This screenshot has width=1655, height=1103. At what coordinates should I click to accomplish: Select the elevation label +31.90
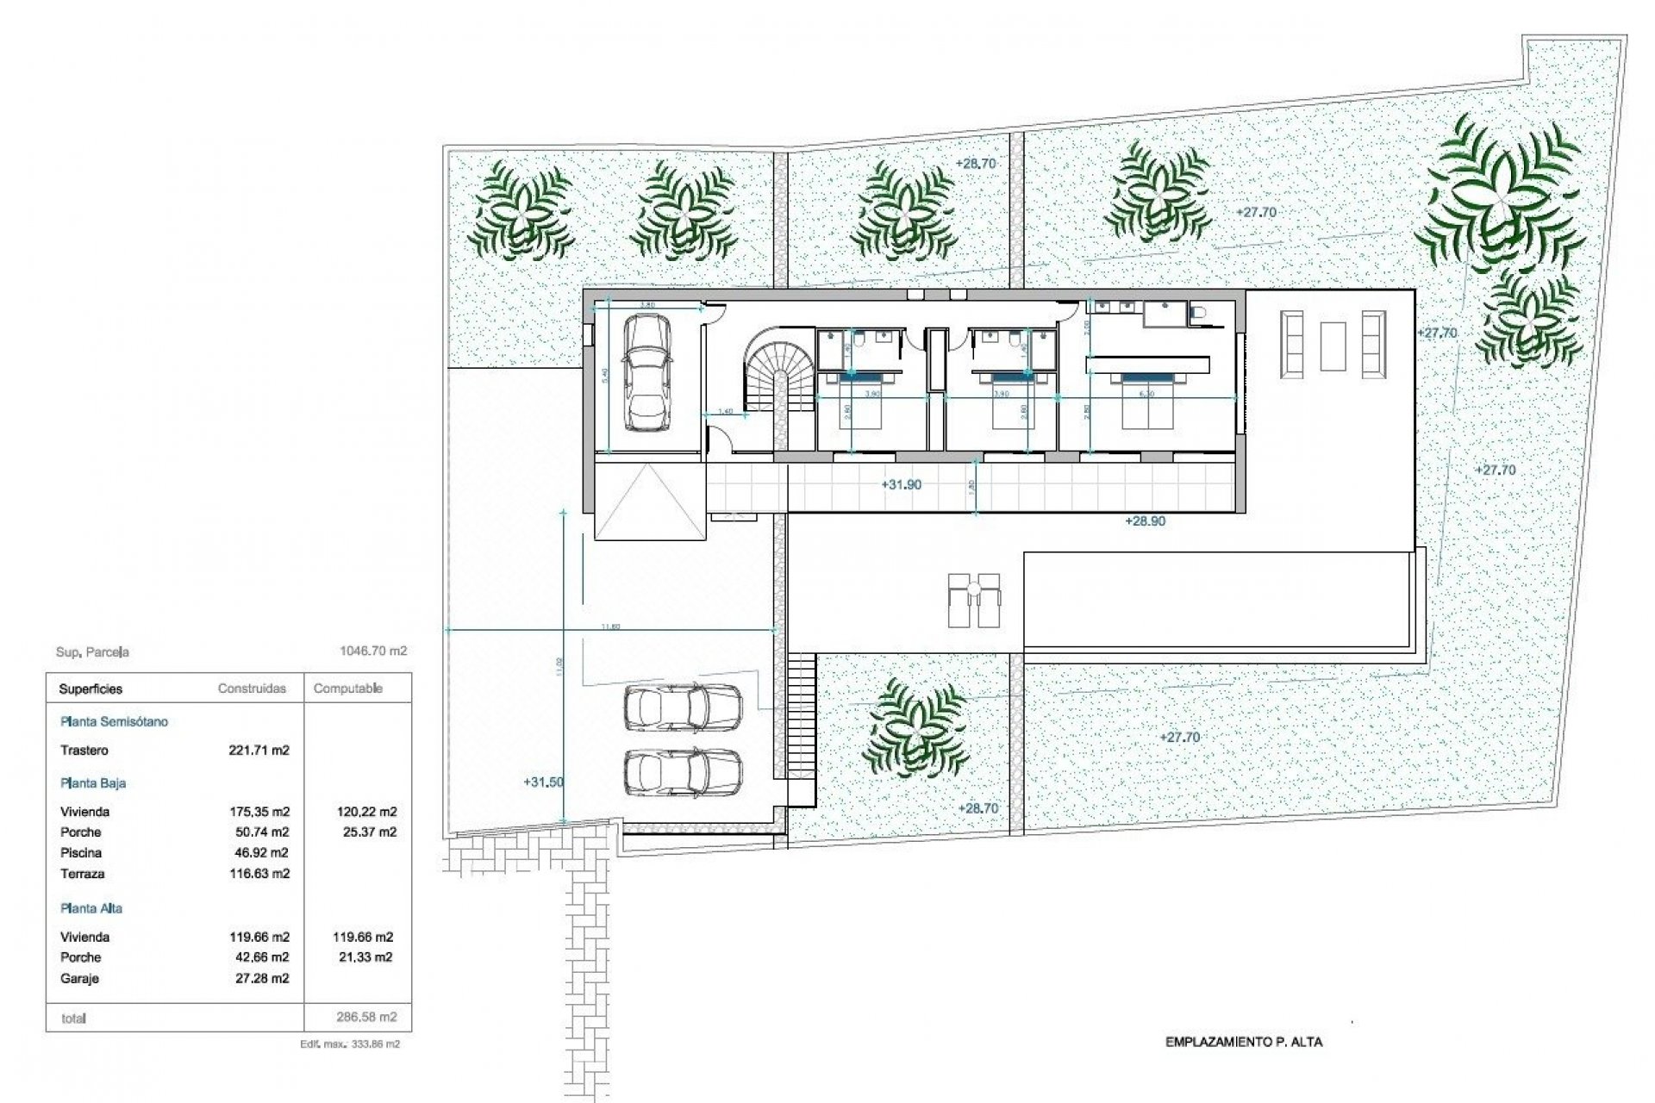(x=901, y=485)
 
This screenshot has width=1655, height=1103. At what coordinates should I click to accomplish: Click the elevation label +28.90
(x=1145, y=521)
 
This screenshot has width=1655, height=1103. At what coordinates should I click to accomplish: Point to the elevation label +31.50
(x=543, y=782)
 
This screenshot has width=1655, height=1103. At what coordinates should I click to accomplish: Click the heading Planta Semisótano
(x=114, y=722)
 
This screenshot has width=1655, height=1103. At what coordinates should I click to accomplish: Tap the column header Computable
(x=347, y=689)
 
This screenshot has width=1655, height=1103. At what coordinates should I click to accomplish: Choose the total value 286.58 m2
(x=366, y=1018)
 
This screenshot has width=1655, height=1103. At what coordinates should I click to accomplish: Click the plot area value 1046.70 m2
(x=373, y=651)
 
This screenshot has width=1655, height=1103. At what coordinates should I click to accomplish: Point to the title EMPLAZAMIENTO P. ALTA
(x=1243, y=1042)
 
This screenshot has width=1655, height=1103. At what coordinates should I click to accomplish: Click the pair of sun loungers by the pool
(x=973, y=601)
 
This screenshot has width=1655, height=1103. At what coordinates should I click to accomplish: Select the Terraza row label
(x=83, y=874)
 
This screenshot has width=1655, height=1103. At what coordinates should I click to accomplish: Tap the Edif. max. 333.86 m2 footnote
(x=349, y=1044)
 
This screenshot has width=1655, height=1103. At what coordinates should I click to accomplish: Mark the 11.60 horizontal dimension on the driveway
(x=609, y=626)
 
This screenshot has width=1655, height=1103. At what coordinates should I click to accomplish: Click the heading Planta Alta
(x=91, y=908)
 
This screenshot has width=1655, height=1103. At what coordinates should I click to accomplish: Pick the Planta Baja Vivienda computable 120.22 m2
(x=365, y=812)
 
